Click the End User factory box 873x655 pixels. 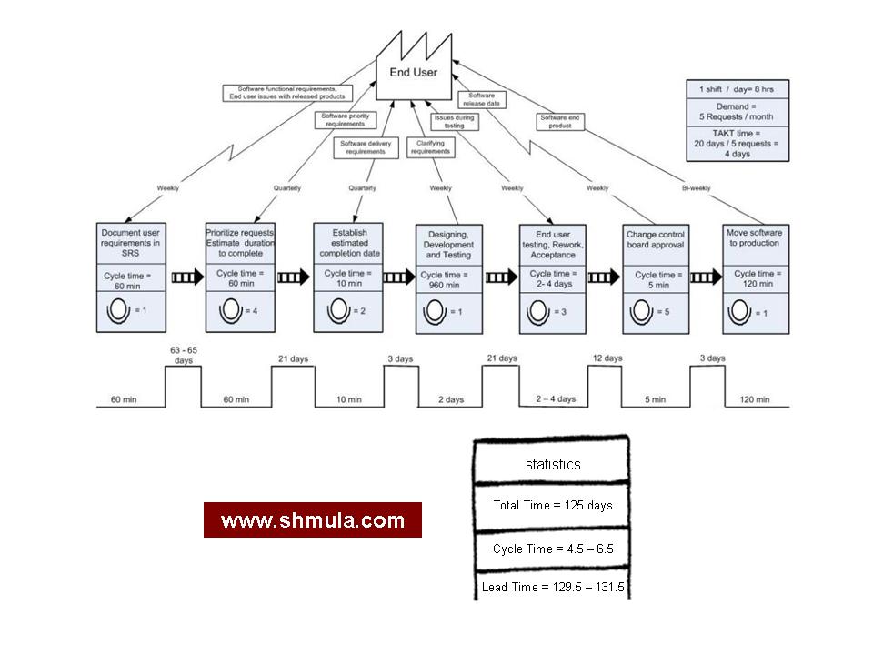tap(419, 73)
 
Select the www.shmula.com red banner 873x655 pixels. tap(312, 520)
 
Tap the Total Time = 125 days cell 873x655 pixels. tap(552, 505)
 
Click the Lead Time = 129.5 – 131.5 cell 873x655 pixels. tap(552, 587)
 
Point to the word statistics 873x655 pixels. tap(552, 464)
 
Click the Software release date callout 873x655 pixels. tap(482, 98)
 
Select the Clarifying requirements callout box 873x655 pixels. tap(431, 147)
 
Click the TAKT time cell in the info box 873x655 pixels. tap(737, 145)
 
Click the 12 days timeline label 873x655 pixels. tap(607, 358)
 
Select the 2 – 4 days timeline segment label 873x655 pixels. tap(554, 399)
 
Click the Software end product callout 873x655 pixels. tap(559, 121)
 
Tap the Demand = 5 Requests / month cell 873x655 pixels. tap(737, 111)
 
